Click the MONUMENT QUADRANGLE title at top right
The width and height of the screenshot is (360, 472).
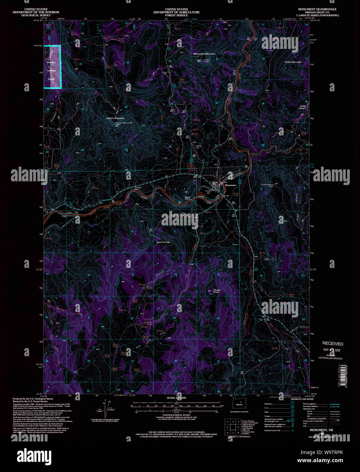(317, 9)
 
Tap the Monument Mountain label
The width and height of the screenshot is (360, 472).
(204, 54)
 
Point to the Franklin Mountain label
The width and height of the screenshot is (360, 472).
(115, 118)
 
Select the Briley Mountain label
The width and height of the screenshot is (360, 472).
(293, 62)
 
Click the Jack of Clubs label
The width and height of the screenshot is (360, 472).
(163, 242)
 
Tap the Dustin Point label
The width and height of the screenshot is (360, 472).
(217, 291)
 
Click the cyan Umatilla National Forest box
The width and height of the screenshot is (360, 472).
(52, 67)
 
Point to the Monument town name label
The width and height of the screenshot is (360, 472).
(230, 185)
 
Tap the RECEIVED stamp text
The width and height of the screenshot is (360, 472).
(333, 344)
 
